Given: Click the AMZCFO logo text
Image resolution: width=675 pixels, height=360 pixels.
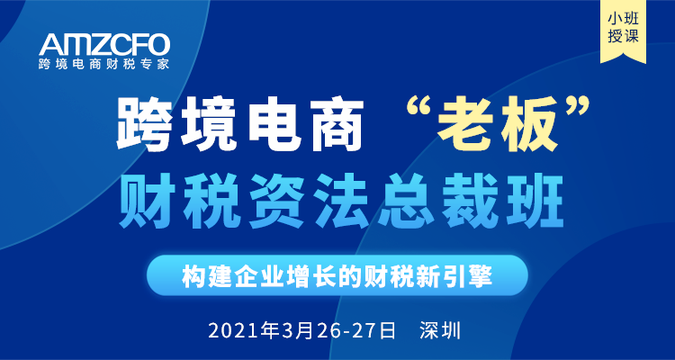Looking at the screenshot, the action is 104,44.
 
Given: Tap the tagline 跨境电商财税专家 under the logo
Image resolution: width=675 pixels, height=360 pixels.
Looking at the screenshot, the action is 103,65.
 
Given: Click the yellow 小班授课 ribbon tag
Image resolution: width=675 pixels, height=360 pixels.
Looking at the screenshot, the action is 623,30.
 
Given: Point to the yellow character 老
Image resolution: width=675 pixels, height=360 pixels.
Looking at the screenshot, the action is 463,125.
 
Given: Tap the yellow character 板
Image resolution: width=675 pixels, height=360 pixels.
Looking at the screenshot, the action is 529,125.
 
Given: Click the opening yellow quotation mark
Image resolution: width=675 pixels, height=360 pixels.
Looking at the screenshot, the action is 417,111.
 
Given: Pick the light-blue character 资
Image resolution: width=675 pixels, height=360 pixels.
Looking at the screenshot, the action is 276,201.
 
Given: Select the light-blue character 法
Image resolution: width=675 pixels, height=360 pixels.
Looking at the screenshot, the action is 342,201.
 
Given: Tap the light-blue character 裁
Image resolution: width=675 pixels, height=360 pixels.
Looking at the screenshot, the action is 472,201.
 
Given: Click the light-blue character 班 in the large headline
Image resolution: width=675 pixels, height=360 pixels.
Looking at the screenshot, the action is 536,201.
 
